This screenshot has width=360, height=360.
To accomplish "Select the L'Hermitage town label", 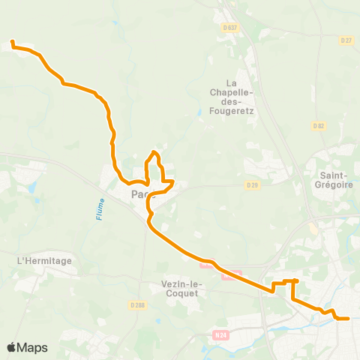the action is (44, 260).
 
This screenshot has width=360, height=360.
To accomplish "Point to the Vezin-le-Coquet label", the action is (178, 289).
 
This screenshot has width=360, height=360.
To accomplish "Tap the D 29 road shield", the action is (252, 184).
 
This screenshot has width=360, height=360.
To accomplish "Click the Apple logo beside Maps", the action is (12, 347).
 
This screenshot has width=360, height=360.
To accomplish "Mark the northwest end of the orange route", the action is (12, 42).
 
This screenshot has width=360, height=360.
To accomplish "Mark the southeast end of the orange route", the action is (348, 319).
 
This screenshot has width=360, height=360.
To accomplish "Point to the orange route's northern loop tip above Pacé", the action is (154, 153).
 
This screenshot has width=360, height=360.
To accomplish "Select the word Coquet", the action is (178, 294).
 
